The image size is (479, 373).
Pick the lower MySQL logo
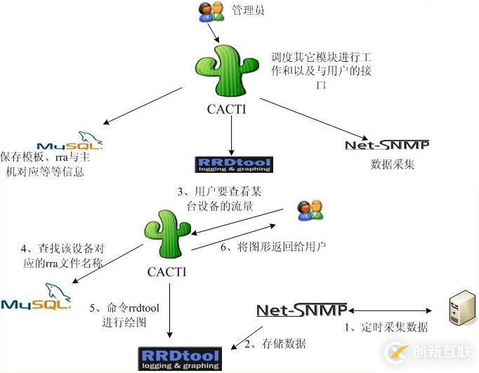36,298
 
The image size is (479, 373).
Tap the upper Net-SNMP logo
387,145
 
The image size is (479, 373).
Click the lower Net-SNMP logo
301,310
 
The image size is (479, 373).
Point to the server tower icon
459,313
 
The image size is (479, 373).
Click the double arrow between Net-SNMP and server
389,310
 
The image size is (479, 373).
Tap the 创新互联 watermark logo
428,352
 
